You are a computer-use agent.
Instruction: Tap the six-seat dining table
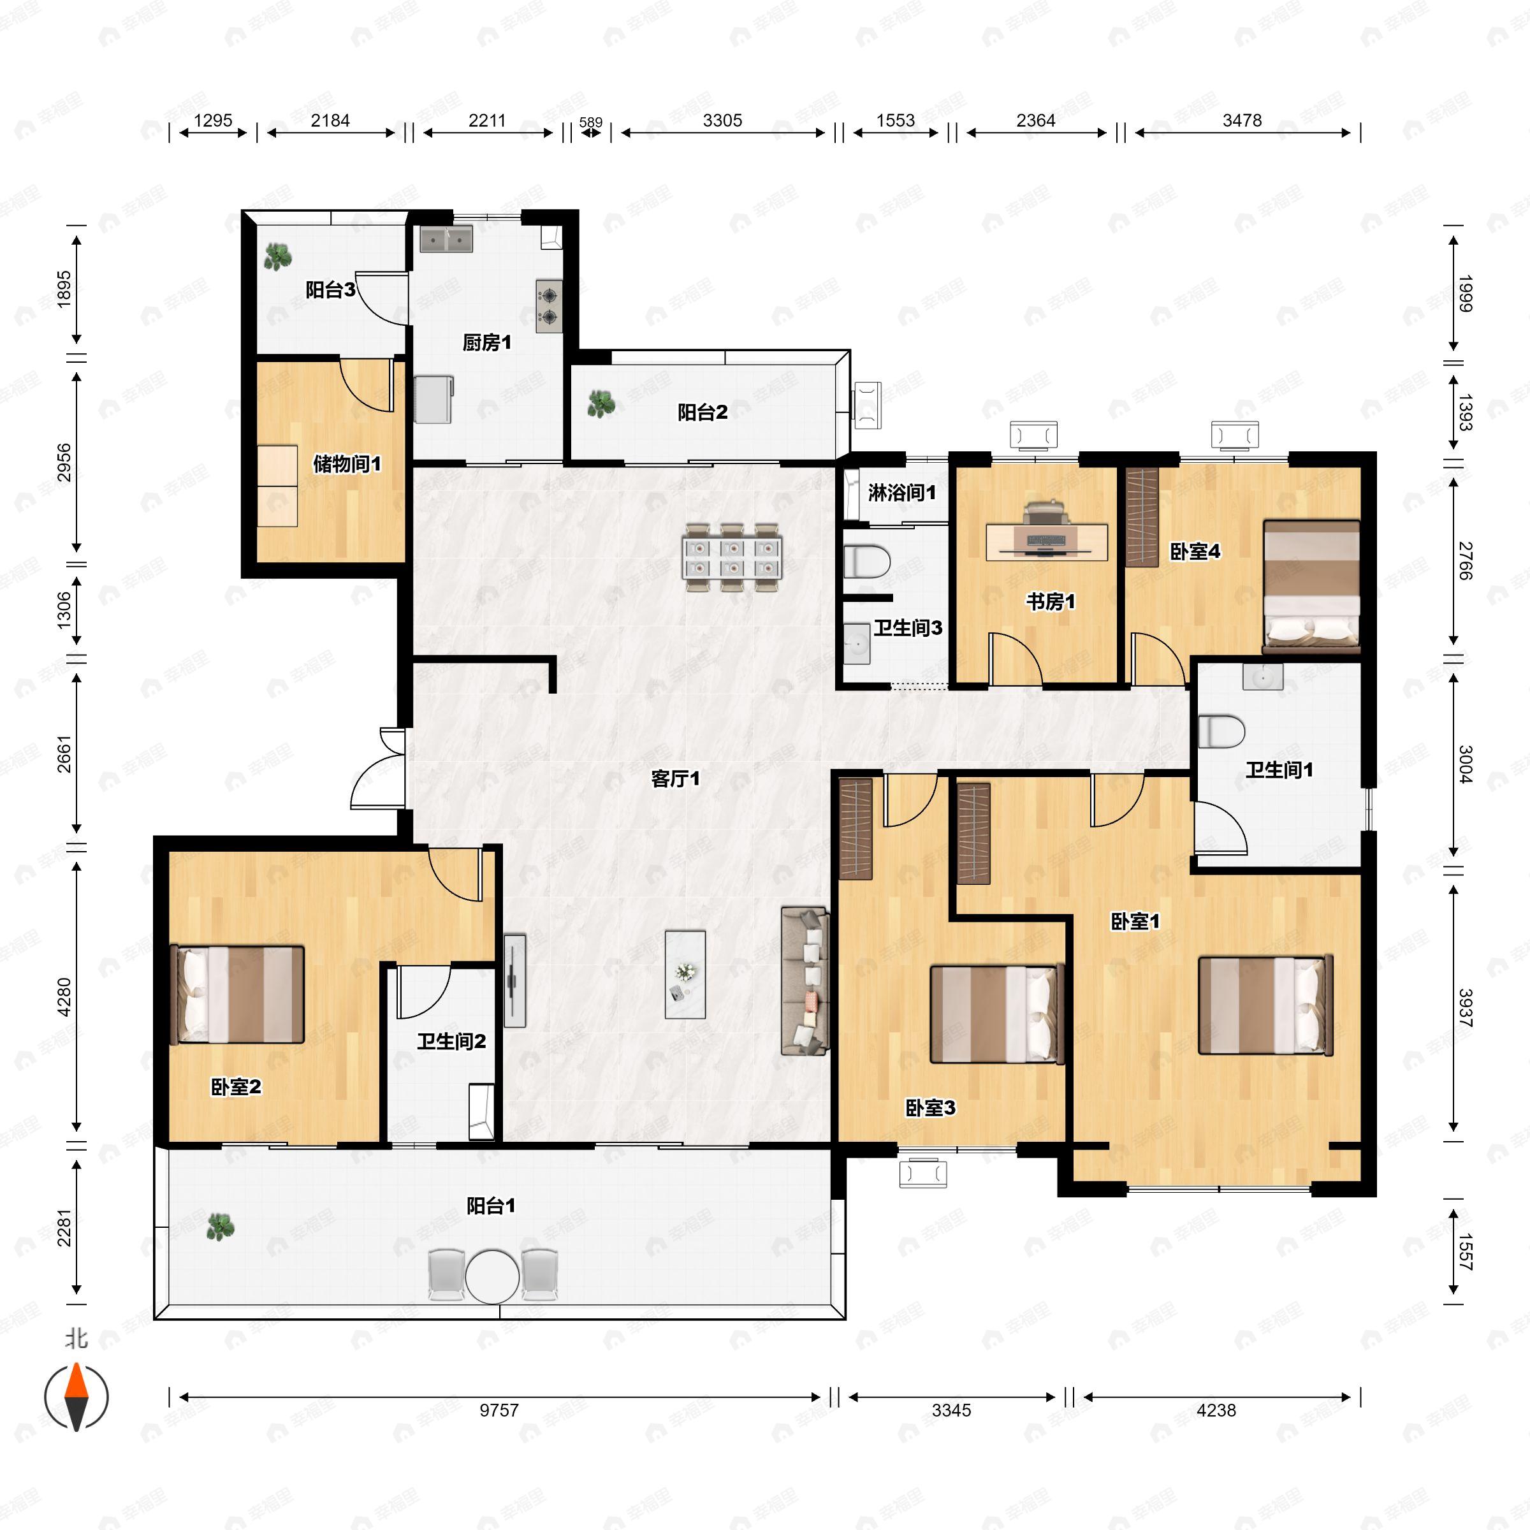click(732, 557)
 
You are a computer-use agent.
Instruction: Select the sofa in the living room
click(805, 981)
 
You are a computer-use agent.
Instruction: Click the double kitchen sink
click(446, 239)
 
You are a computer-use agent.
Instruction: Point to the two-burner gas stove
click(548, 307)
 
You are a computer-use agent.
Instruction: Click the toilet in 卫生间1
click(1220, 732)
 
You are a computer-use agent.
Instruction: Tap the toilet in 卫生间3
click(866, 562)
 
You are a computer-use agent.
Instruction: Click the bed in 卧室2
click(238, 994)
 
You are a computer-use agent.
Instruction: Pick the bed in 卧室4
click(1311, 586)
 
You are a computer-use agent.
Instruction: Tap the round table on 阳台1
click(492, 1276)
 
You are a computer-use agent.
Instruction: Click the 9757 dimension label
click(499, 1410)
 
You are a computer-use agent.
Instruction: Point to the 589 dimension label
click(590, 123)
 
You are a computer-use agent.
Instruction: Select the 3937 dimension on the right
click(1464, 1008)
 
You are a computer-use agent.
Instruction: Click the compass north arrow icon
click(76, 1397)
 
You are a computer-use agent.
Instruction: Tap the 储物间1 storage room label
click(347, 464)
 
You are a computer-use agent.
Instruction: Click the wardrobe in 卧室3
click(856, 828)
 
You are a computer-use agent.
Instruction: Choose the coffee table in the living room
click(685, 974)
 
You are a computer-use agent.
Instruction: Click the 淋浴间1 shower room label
click(901, 493)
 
